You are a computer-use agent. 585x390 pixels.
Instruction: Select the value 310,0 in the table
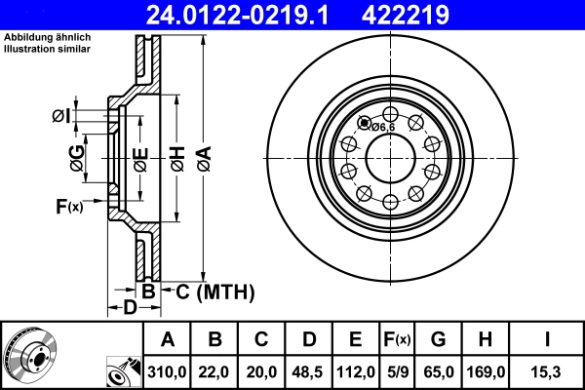coord(168,370)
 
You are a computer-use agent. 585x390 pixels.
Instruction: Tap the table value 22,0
coord(214,370)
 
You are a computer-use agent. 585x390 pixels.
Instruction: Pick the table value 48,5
coord(309,370)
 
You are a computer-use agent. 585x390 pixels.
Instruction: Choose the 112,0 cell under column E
coord(356,370)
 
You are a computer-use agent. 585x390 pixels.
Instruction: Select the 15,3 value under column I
coord(546,370)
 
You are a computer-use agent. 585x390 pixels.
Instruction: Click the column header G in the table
coord(439,339)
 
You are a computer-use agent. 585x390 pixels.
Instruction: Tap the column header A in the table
coord(168,339)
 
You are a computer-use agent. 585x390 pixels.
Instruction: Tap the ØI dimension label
coord(60,117)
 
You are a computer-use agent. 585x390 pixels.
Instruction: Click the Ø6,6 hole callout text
coord(380,126)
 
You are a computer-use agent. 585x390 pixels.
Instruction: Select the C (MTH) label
coord(208,291)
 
